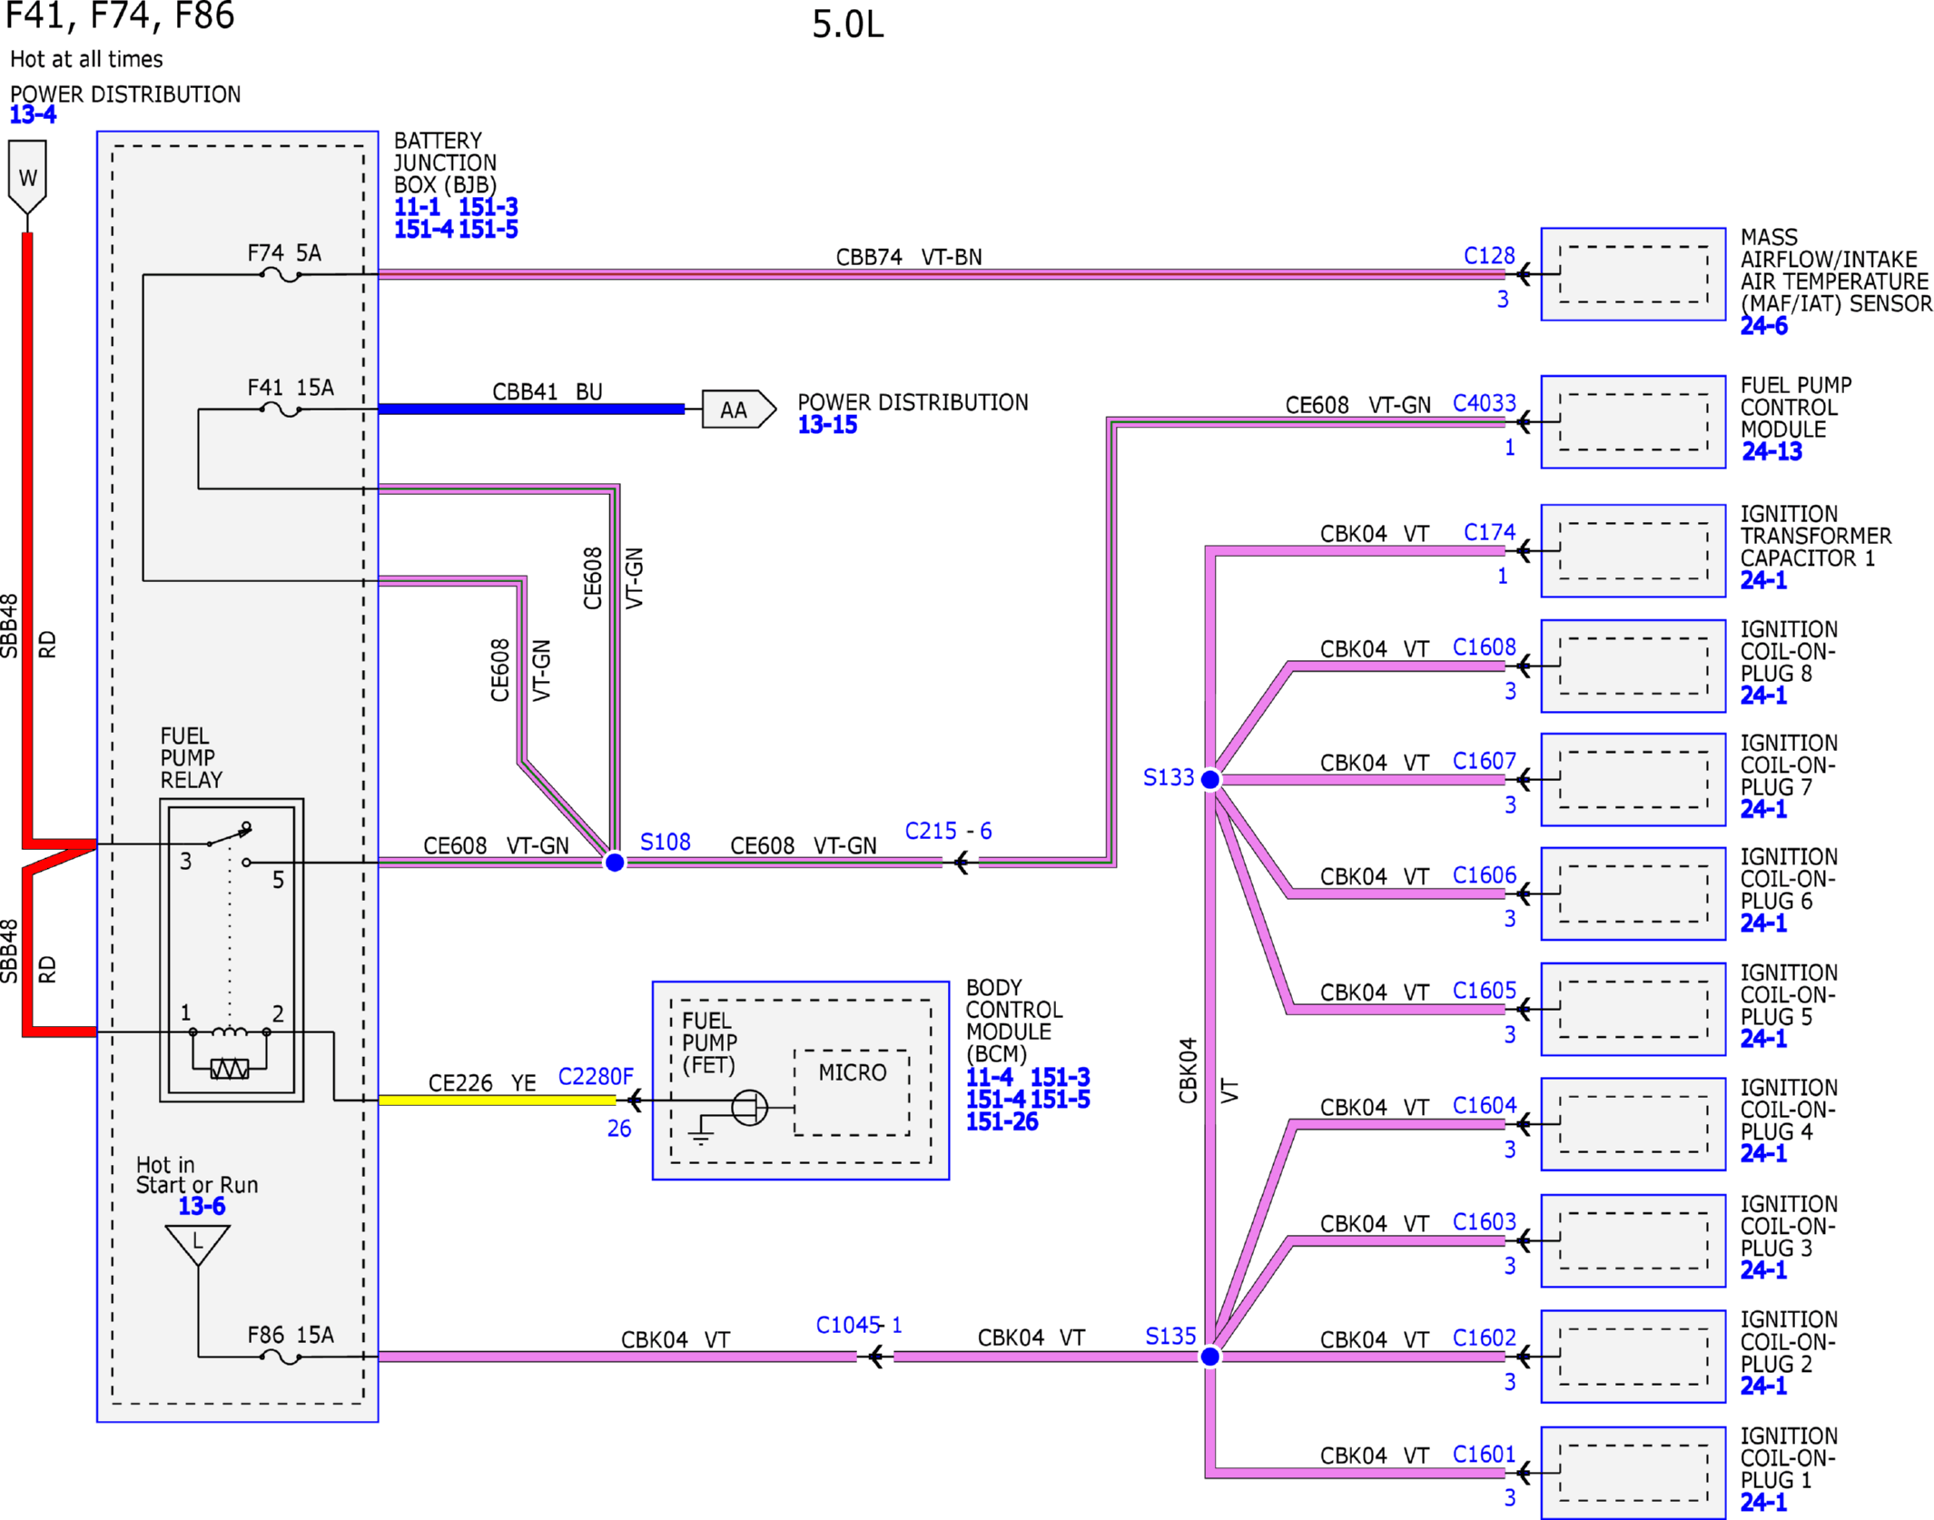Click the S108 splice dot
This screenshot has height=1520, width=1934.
point(615,862)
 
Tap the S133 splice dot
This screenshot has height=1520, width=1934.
point(1210,779)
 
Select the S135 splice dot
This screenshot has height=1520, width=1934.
point(1210,1357)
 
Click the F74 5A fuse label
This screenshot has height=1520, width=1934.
point(284,252)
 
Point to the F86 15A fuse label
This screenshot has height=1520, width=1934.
point(291,1335)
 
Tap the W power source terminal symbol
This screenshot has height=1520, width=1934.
point(27,177)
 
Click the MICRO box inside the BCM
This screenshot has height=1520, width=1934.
point(852,1092)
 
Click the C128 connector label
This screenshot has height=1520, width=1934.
point(1489,256)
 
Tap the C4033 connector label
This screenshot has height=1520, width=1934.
point(1485,403)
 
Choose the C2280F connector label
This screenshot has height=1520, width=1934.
point(596,1077)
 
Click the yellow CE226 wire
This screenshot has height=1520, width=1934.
point(497,1100)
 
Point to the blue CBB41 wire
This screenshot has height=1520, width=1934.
point(531,409)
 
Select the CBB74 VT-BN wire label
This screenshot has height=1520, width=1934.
point(909,257)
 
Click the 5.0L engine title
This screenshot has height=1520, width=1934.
point(847,25)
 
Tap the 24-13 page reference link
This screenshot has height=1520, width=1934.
point(1771,451)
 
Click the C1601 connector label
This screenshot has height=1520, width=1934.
point(1485,1455)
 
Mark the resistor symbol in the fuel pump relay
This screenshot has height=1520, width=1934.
point(230,1069)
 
